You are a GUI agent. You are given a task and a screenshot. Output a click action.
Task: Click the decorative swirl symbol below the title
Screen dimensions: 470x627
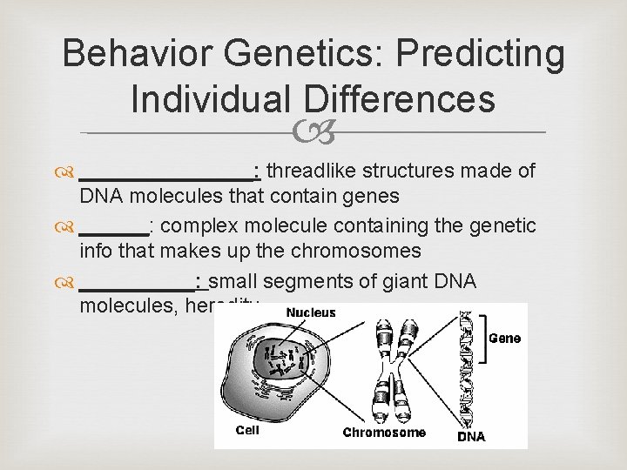click(x=313, y=131)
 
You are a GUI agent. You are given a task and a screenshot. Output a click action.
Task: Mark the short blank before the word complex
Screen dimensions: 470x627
click(x=112, y=228)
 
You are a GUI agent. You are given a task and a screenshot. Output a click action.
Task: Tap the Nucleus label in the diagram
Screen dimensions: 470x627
click(x=311, y=312)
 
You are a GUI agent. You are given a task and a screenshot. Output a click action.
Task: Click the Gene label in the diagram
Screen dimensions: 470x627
click(x=506, y=338)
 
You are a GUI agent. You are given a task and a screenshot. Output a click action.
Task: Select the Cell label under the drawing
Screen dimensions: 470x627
click(x=247, y=429)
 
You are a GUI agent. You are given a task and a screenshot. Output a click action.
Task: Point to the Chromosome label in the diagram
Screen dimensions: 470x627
click(x=384, y=432)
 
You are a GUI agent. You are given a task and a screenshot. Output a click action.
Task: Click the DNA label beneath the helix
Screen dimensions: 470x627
click(x=471, y=436)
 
